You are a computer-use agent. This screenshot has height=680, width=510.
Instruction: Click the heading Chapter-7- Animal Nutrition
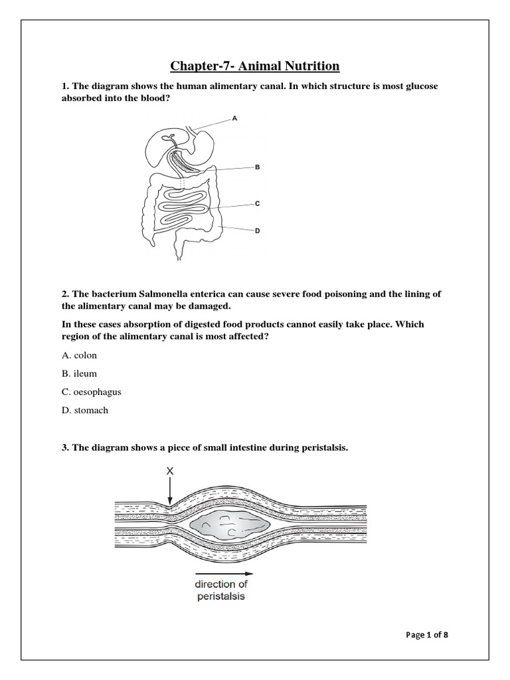(255, 66)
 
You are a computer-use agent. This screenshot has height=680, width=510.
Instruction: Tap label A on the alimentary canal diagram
(234, 118)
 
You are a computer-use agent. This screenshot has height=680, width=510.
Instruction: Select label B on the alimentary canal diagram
(257, 168)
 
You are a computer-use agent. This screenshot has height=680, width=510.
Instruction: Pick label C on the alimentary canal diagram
(257, 205)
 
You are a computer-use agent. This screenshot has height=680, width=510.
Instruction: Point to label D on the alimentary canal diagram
(257, 231)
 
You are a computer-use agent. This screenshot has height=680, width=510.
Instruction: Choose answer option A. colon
(79, 355)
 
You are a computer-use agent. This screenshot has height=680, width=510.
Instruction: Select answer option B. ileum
(78, 374)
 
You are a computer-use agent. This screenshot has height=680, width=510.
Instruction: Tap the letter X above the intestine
(170, 471)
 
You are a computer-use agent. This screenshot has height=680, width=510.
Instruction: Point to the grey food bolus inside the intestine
(229, 524)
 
